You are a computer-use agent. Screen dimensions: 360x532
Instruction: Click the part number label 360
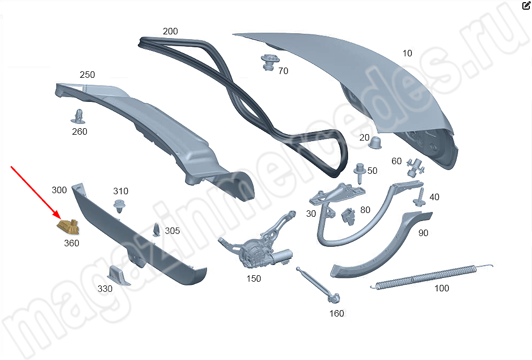(x=71, y=243)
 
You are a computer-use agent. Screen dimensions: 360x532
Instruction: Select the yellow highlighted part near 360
(x=68, y=227)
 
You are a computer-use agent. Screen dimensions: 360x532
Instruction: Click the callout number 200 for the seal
(x=170, y=31)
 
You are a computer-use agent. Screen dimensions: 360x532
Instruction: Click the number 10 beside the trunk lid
(x=408, y=53)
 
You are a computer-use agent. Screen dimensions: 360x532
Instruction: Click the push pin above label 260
(x=78, y=116)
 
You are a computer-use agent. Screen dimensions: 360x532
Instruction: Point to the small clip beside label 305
(x=157, y=230)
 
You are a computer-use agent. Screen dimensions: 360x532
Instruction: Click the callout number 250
(x=87, y=75)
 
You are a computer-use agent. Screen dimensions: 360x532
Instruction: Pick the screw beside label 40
(x=418, y=196)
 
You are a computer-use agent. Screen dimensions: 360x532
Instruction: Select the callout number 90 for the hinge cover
(x=424, y=233)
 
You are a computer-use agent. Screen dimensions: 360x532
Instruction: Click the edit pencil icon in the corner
(x=526, y=6)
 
